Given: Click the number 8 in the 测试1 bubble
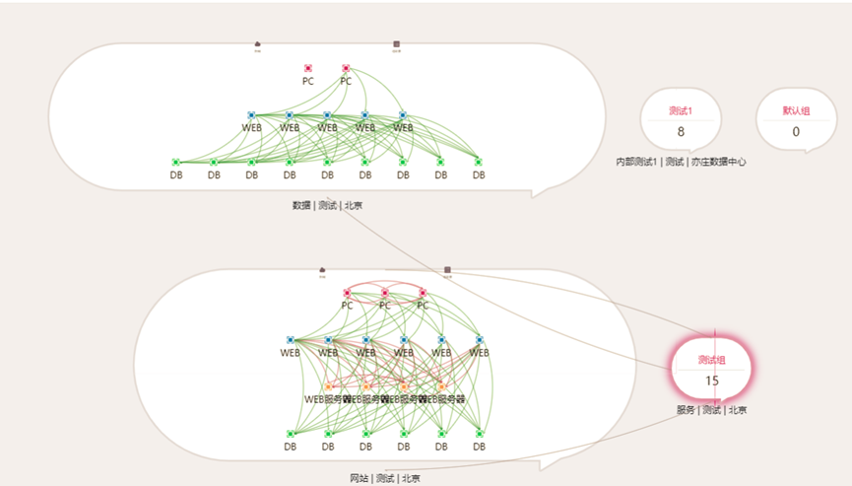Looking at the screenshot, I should pyautogui.click(x=681, y=132).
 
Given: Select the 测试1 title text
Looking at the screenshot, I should pyautogui.click(x=681, y=110).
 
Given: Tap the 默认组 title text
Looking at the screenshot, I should pyautogui.click(x=796, y=110).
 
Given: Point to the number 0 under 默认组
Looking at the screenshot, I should pyautogui.click(x=796, y=132).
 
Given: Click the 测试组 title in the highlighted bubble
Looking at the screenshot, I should pyautogui.click(x=711, y=359).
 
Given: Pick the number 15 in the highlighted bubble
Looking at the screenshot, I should pyautogui.click(x=711, y=381).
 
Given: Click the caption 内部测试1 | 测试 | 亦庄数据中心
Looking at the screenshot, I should pyautogui.click(x=681, y=162).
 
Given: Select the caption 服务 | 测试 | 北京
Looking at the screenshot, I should pyautogui.click(x=711, y=410).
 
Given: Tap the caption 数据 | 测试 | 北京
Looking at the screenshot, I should pyautogui.click(x=327, y=205).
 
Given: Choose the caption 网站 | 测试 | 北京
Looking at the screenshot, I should pyautogui.click(x=384, y=478).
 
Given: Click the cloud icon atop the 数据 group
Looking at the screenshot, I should pyautogui.click(x=257, y=44).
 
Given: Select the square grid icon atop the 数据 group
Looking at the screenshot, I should pyautogui.click(x=396, y=44).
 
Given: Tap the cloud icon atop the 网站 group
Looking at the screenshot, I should pyautogui.click(x=322, y=269).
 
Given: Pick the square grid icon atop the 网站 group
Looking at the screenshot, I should pyautogui.click(x=447, y=269).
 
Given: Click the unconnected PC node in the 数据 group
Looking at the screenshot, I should pyautogui.click(x=308, y=68).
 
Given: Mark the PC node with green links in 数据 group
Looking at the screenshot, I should pyautogui.click(x=346, y=68).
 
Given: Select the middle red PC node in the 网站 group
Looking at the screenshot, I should pyautogui.click(x=385, y=293).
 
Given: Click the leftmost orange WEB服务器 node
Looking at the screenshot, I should pyautogui.click(x=328, y=386).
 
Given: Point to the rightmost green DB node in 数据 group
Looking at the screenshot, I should pyautogui.click(x=479, y=162).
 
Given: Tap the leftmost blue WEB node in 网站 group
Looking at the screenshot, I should pyautogui.click(x=291, y=340).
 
